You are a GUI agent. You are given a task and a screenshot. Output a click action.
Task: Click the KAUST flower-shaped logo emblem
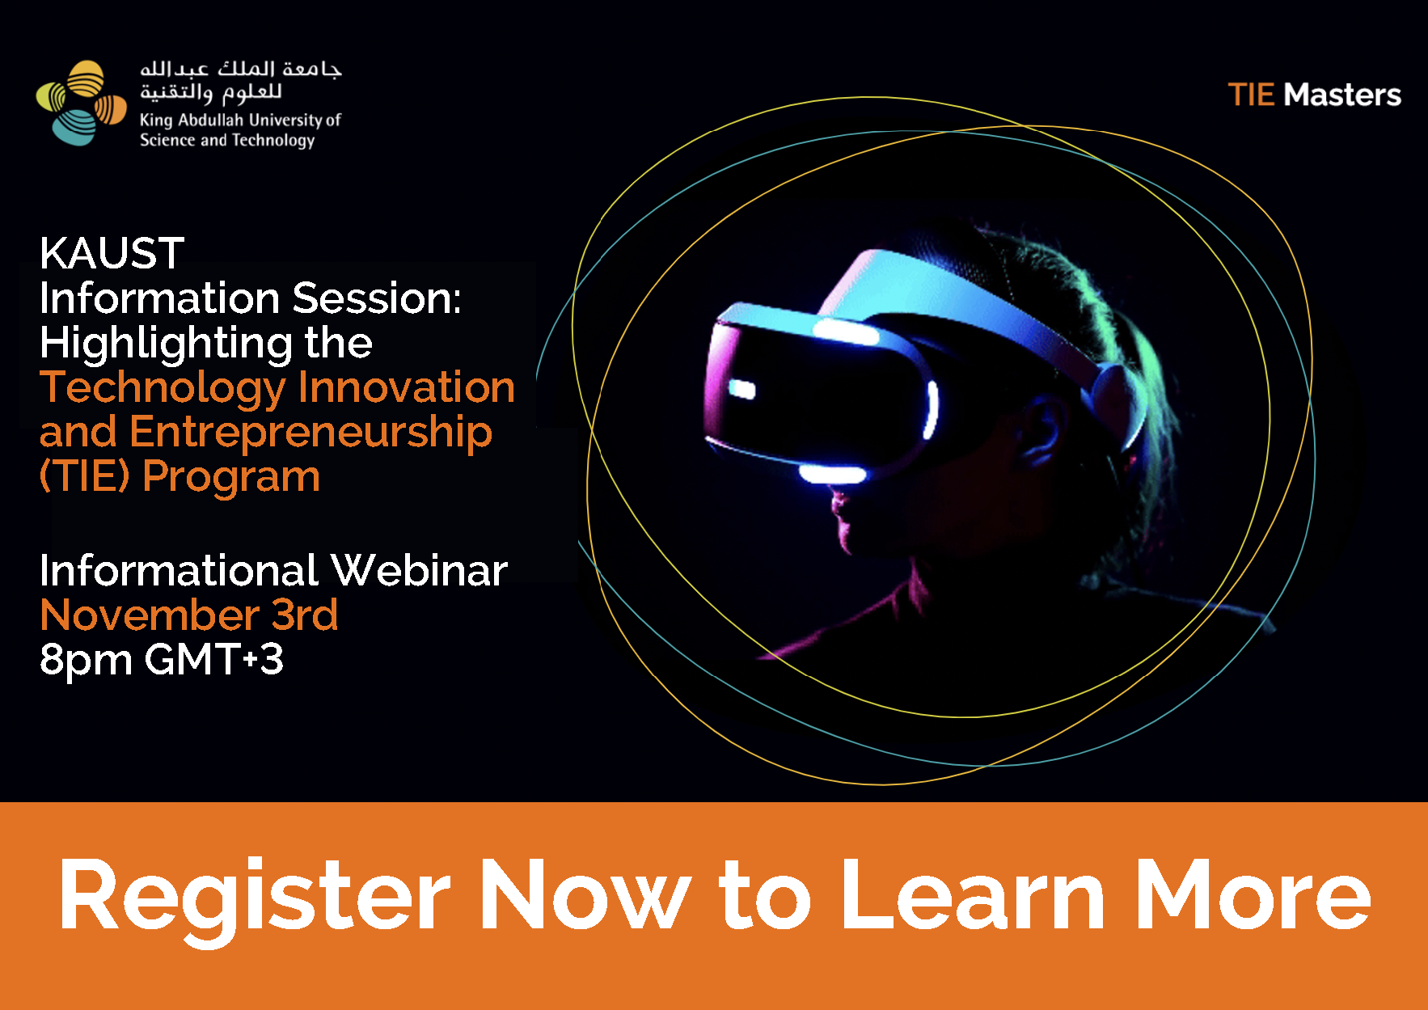coord(82,103)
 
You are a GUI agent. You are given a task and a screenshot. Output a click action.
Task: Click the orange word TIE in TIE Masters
coord(1251,95)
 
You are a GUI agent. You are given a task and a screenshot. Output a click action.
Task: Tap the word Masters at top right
coord(1342,95)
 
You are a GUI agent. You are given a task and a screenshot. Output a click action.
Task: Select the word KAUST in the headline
coord(112,253)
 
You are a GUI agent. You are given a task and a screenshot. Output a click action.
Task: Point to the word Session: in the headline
coord(377,298)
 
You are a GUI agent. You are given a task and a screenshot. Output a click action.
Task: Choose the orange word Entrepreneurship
coord(311,433)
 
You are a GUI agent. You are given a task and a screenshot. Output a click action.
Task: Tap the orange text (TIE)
coord(84,476)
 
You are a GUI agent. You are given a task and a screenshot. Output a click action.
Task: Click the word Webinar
coord(419,570)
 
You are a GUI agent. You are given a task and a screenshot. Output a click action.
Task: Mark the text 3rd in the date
coord(305,615)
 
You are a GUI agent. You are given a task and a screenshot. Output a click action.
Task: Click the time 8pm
coord(86,661)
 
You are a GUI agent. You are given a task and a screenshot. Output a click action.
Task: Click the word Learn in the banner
coord(973,894)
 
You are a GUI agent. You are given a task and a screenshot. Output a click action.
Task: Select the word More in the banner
coord(1253,894)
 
